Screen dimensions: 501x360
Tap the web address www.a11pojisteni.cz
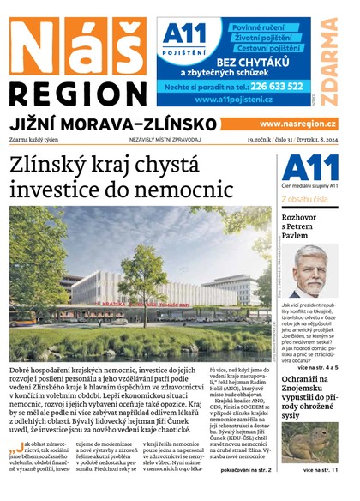(x=237, y=100)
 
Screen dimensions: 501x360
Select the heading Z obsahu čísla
(x=309, y=200)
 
